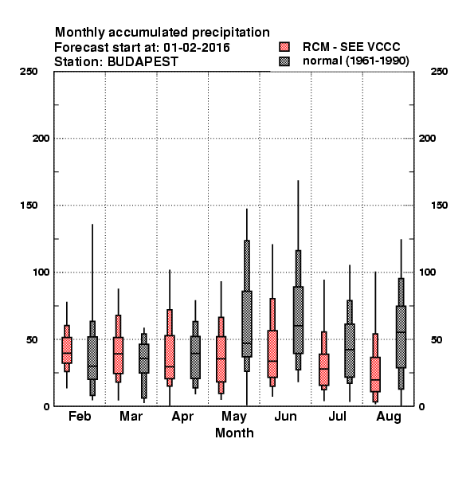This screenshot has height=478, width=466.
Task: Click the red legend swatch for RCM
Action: click(x=284, y=47)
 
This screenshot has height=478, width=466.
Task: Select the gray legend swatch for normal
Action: click(x=284, y=61)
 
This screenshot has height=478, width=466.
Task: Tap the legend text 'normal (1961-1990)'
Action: click(x=356, y=61)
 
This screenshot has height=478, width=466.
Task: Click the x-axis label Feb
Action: click(x=80, y=416)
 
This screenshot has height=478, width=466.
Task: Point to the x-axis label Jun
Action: click(x=285, y=416)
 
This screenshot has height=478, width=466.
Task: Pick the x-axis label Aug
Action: click(x=389, y=417)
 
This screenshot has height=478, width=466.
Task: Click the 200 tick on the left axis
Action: click(x=41, y=139)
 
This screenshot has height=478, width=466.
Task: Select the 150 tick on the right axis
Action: click(x=439, y=206)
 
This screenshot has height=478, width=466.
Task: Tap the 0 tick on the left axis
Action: click(x=46, y=406)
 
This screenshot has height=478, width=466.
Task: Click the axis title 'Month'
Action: click(x=234, y=433)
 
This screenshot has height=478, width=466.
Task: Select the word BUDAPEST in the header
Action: click(x=143, y=62)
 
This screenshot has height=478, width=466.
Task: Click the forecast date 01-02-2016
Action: click(x=197, y=47)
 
